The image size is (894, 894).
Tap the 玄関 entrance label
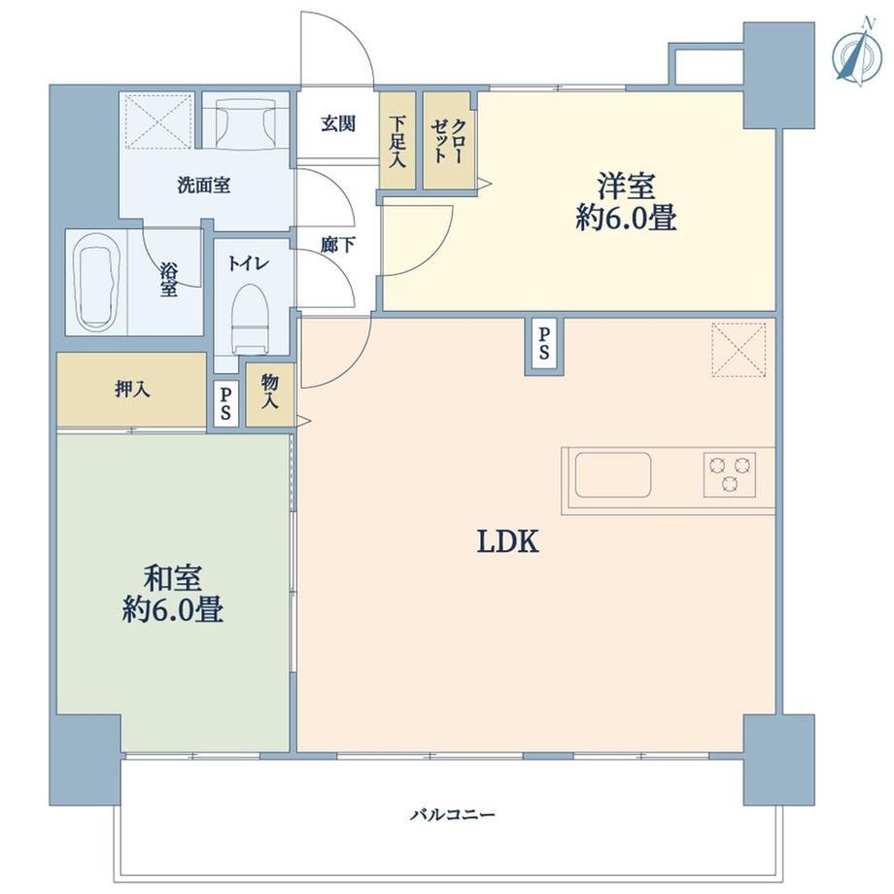(x=338, y=123)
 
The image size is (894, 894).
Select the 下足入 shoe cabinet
(x=397, y=140)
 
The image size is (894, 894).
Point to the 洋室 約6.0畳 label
(x=626, y=201)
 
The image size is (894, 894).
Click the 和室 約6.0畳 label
(x=172, y=593)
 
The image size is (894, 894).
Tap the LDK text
(x=507, y=541)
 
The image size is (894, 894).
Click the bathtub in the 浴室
(x=97, y=282)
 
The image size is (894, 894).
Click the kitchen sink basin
(x=613, y=475)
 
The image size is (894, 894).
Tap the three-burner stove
(x=729, y=474)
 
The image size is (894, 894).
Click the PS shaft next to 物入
(x=225, y=403)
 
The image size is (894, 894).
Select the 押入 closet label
(x=132, y=390)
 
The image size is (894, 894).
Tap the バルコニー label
(x=453, y=814)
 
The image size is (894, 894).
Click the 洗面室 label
(x=203, y=186)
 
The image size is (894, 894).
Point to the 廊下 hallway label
(x=337, y=245)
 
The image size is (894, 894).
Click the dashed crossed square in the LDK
(x=739, y=350)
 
